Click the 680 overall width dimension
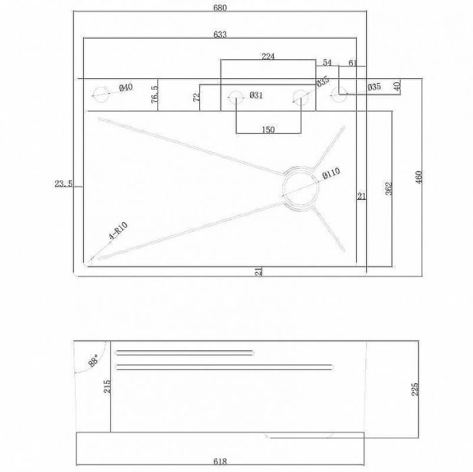coord(220,8)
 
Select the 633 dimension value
coord(220,34)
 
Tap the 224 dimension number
coord(268,57)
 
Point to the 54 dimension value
coord(327,63)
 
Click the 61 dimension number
coord(353,63)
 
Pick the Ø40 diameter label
coord(126,88)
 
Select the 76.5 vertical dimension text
coord(155,95)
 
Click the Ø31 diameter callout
coord(255,95)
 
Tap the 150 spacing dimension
coord(268,130)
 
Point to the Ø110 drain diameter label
coord(331,174)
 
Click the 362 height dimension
coord(389,188)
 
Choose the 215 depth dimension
coord(107,387)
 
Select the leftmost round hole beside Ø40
coord(101,93)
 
